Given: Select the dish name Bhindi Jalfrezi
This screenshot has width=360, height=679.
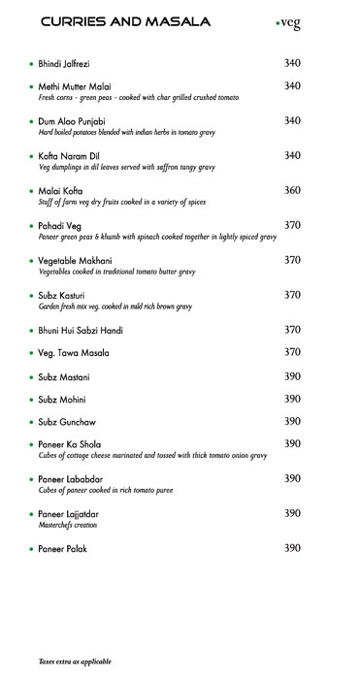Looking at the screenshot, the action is coord(64,64).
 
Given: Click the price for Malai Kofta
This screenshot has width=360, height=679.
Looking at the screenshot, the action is coord(292,190).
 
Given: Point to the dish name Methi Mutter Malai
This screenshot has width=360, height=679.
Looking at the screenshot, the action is coord(75,87).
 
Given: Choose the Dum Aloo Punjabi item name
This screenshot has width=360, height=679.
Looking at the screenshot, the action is coord(73,121).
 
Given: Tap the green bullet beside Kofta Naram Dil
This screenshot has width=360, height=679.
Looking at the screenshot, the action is coord(31,156).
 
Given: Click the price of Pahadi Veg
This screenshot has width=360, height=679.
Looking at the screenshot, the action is coord(292,225).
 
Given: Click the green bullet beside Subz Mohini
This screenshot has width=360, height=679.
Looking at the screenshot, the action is coord(31,400).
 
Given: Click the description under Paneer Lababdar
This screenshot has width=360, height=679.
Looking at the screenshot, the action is coord(104,491).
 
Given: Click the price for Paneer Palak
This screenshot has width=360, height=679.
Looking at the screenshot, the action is coord(292,548).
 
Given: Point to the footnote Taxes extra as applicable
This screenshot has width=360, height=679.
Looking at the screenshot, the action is coord(75,661).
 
